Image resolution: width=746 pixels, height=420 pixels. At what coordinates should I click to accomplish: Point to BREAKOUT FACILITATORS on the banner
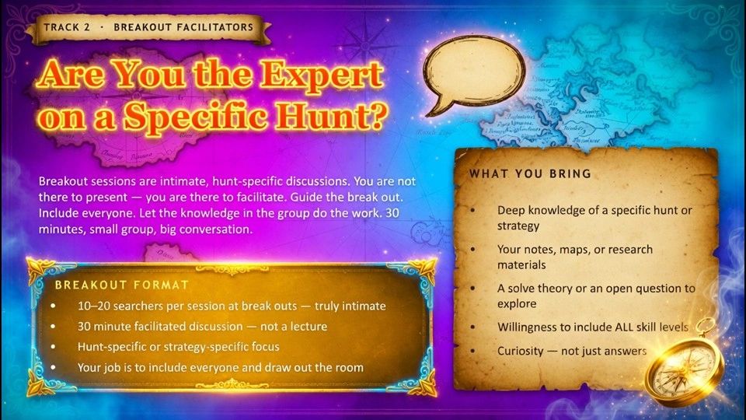coord(183,27)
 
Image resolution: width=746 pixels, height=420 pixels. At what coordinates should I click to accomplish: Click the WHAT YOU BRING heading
coord(529,173)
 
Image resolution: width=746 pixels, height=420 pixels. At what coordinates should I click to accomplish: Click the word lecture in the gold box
coord(307,326)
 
